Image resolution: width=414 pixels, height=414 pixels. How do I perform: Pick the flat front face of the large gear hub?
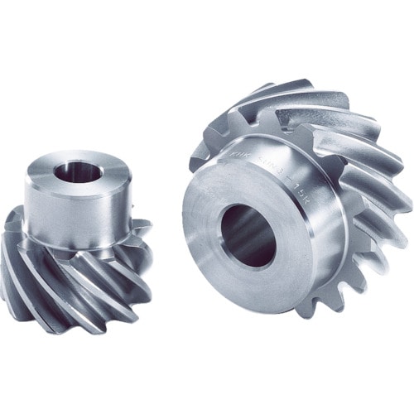point(207,248)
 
